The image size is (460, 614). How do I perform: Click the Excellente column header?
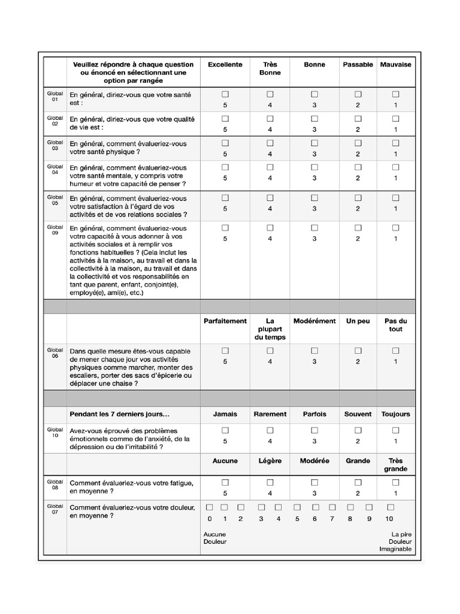pyautogui.click(x=225, y=64)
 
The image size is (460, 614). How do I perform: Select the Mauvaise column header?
pyautogui.click(x=395, y=64)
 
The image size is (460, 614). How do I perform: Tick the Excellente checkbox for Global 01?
pyautogui.click(x=225, y=94)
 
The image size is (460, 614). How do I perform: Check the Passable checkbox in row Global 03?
pyautogui.click(x=358, y=143)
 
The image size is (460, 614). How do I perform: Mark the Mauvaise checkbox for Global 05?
pyautogui.click(x=395, y=197)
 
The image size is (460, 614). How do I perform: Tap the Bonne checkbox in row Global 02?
pyautogui.click(x=314, y=119)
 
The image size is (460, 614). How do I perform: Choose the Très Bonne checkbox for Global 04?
pyautogui.click(x=270, y=167)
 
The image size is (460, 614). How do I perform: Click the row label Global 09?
pyautogui.click(x=55, y=230)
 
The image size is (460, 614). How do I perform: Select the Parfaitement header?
pyautogui.click(x=225, y=321)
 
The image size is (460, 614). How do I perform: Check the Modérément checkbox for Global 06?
pyautogui.click(x=314, y=350)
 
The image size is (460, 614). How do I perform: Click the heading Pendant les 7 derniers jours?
pyautogui.click(x=120, y=414)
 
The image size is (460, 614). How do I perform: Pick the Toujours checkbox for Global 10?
pyautogui.click(x=395, y=430)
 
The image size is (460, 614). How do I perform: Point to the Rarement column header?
pyautogui.click(x=270, y=414)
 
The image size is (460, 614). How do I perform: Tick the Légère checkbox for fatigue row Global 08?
pyautogui.click(x=270, y=482)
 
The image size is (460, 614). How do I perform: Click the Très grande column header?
pyautogui.click(x=395, y=465)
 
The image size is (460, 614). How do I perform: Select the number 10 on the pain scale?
pyautogui.click(x=389, y=519)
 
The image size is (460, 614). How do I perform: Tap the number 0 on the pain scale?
pyautogui.click(x=209, y=519)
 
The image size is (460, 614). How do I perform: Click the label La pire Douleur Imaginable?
pyautogui.click(x=396, y=541)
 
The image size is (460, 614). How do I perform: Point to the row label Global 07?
pyautogui.click(x=55, y=510)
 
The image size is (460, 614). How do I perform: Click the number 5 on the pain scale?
pyautogui.click(x=297, y=519)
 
